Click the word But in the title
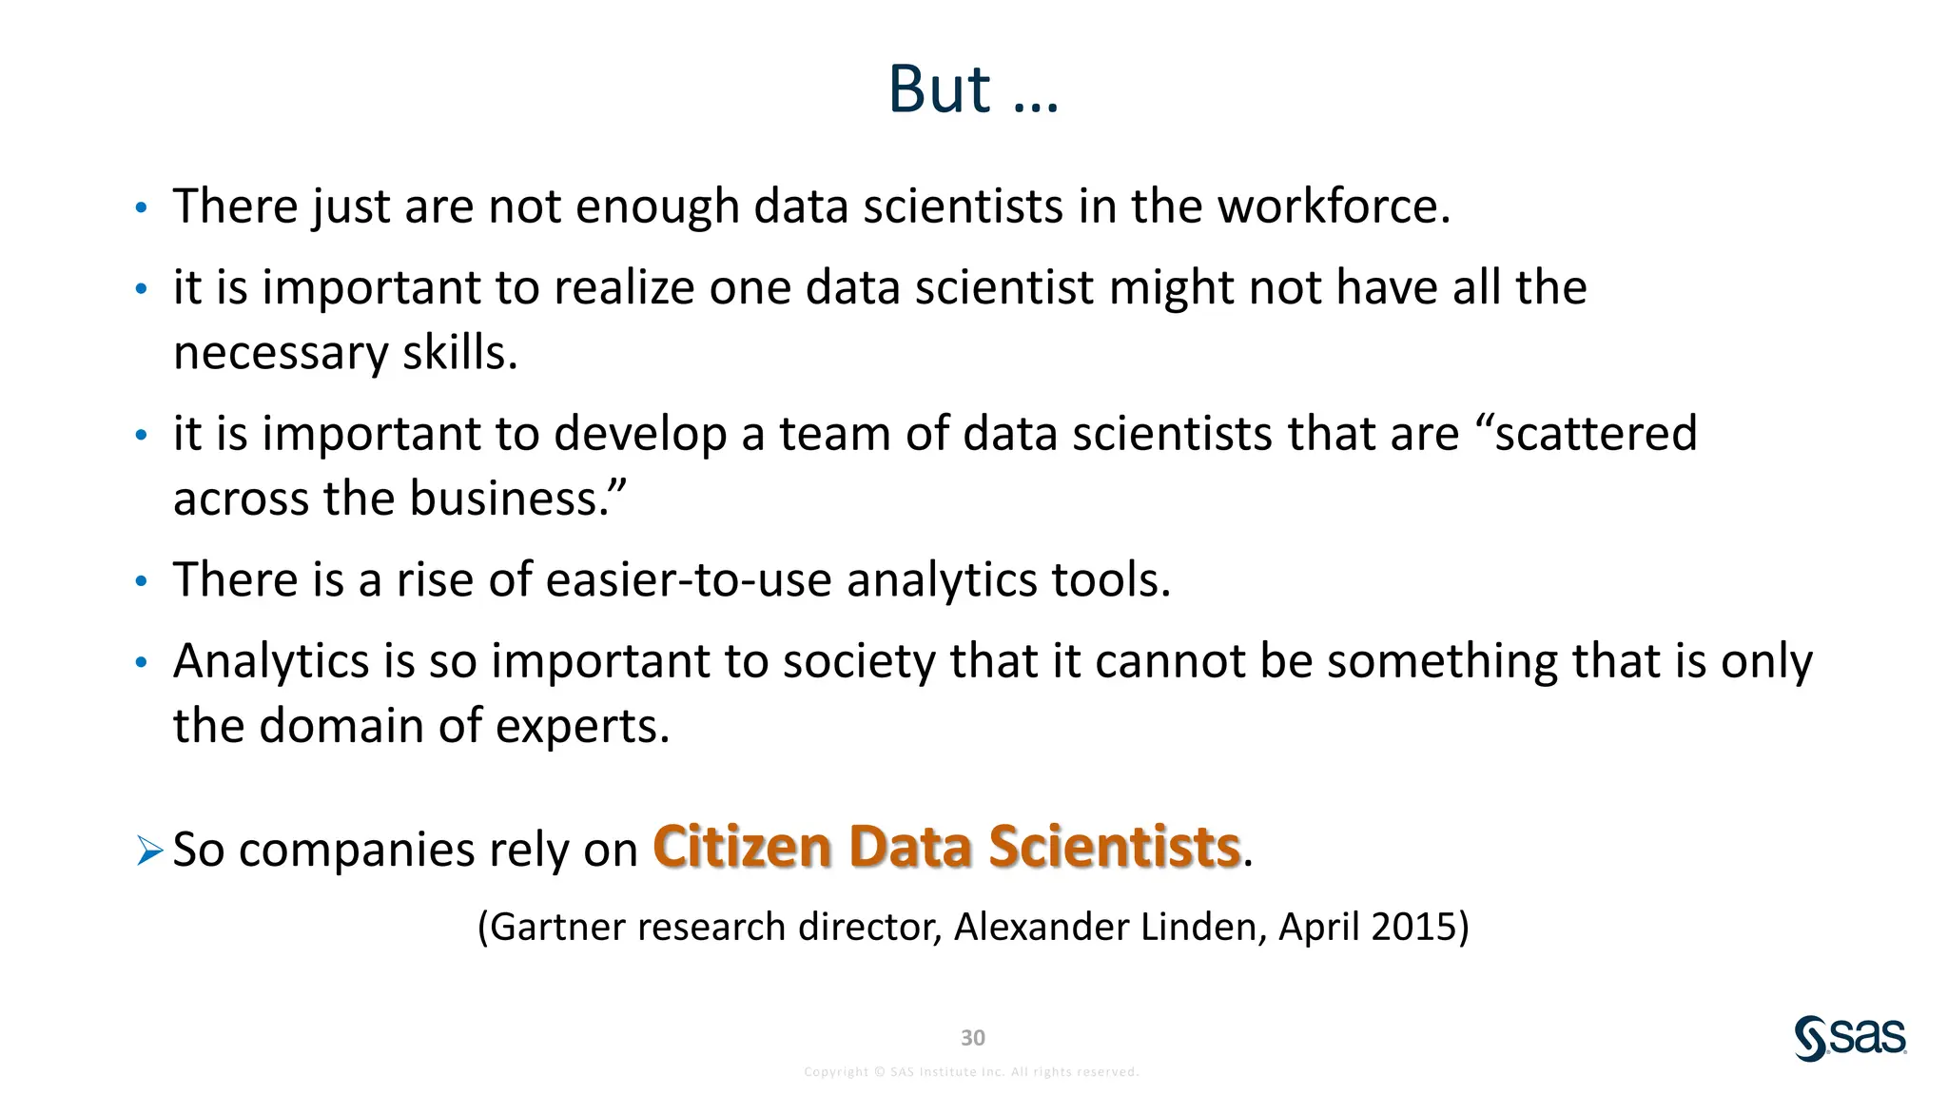939,90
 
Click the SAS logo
1850,1037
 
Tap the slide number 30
972,1037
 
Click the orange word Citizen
742,846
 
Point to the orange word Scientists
1114,846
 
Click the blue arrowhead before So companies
149,850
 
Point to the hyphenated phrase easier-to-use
689,580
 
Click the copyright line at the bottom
971,1072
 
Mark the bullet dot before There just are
141,208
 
